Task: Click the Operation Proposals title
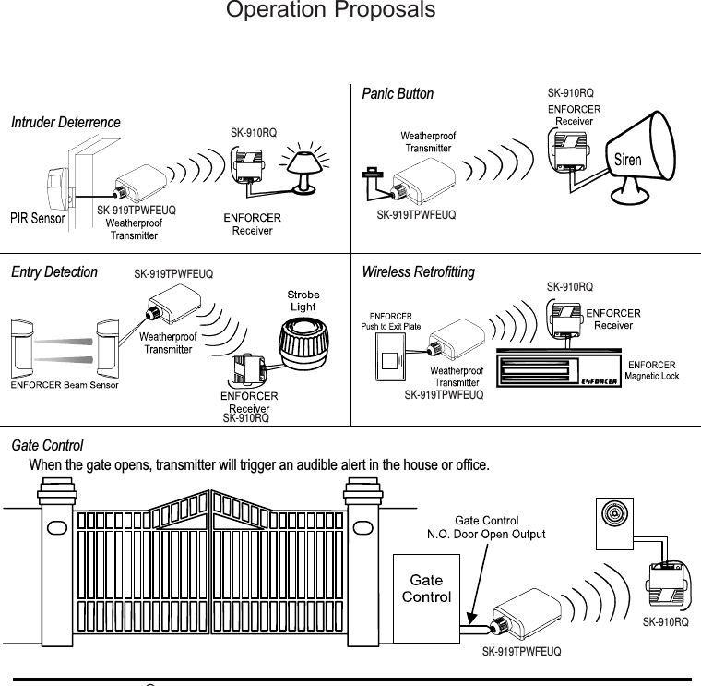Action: (x=330, y=11)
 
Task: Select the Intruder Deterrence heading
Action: (x=65, y=123)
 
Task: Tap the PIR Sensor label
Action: (x=38, y=219)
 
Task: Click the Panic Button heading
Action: (x=398, y=94)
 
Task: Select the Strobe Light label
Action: (x=303, y=301)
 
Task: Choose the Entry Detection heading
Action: (x=54, y=272)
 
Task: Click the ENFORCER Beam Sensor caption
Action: (x=65, y=385)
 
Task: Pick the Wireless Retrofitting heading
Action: (x=419, y=272)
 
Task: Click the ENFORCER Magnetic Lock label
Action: (x=652, y=370)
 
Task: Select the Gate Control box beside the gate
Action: (x=427, y=596)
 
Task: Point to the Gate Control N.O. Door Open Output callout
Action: (x=485, y=527)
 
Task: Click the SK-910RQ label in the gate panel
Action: (x=665, y=623)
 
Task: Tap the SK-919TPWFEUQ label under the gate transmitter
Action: (x=522, y=652)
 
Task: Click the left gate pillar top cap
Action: (x=55, y=486)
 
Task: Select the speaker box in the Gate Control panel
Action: (x=612, y=515)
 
